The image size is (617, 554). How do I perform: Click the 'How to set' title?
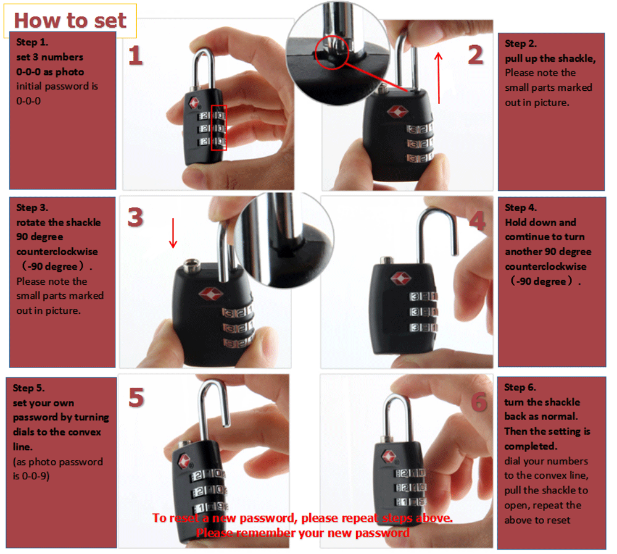[70, 20]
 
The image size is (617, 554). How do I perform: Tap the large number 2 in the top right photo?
[474, 55]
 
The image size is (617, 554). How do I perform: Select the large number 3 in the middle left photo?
[136, 217]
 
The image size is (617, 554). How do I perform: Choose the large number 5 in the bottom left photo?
[136, 398]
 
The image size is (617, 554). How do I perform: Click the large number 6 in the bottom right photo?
[479, 402]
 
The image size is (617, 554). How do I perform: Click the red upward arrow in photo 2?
[439, 77]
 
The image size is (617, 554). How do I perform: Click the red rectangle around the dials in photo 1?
[219, 128]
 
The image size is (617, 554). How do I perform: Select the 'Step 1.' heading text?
[32, 43]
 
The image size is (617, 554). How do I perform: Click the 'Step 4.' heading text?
[520, 208]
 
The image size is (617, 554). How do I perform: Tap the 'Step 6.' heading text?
[520, 387]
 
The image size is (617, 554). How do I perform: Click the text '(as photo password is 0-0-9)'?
[57, 469]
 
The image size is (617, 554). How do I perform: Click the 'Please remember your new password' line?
[302, 532]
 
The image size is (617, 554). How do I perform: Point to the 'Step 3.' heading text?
[32, 208]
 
